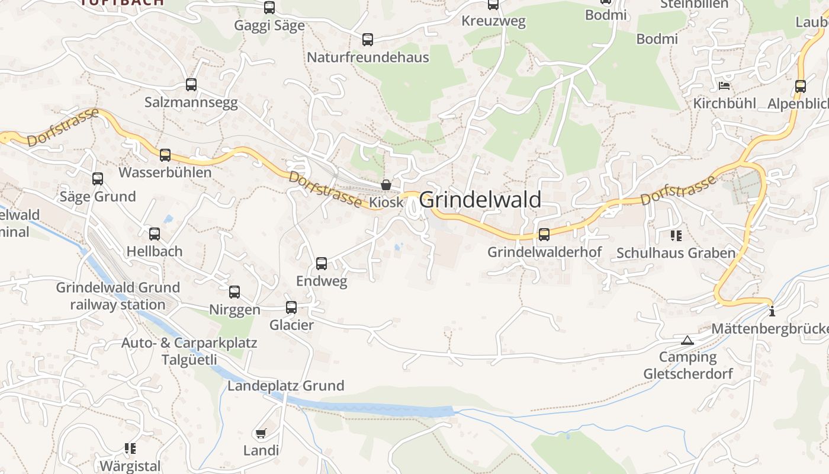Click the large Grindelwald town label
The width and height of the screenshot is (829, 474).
click(x=480, y=200)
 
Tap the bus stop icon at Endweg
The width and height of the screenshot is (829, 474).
click(x=322, y=264)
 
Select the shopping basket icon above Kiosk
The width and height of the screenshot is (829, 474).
click(x=386, y=185)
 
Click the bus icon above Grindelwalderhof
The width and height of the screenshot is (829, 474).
click(x=544, y=234)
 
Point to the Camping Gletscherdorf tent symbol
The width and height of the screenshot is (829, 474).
click(x=687, y=340)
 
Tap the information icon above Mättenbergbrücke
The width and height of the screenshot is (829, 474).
click(x=772, y=311)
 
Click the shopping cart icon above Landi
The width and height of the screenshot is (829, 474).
click(x=261, y=434)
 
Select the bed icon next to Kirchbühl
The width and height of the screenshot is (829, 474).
click(x=724, y=86)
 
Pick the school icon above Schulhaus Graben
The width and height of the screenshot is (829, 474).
click(x=676, y=236)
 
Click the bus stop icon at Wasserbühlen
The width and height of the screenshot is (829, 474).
click(x=165, y=155)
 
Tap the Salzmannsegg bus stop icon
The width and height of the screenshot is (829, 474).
click(x=191, y=85)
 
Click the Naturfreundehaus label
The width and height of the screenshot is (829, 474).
click(x=368, y=57)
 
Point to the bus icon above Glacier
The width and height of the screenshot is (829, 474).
click(x=291, y=308)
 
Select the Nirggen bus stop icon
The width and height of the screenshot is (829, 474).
click(x=234, y=292)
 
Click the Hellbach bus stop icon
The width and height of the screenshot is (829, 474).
click(x=155, y=234)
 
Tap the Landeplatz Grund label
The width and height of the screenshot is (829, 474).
click(x=286, y=386)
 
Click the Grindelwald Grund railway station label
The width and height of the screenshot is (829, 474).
click(x=118, y=296)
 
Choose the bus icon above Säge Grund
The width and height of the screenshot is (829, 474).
click(x=98, y=179)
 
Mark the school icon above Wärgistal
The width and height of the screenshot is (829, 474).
click(x=130, y=449)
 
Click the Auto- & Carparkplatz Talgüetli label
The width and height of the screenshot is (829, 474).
click(x=189, y=351)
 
